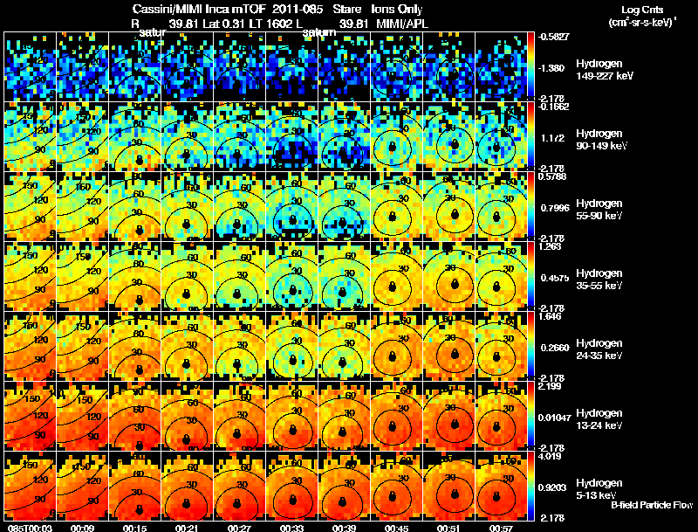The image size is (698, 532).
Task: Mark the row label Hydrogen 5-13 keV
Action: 599,487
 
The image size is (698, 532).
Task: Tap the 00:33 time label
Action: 292,526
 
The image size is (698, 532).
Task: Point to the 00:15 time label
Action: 134,526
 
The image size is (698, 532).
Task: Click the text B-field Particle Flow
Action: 652,505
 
